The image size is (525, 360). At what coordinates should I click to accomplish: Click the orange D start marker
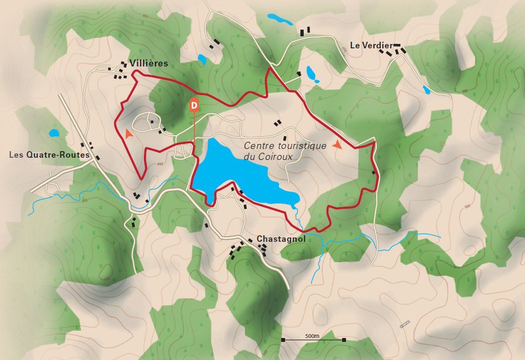[x=194, y=105]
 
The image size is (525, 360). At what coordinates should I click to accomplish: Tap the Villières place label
[x=149, y=63]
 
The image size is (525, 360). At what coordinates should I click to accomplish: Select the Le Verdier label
[x=371, y=45]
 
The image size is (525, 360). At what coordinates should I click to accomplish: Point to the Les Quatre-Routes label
[x=49, y=155]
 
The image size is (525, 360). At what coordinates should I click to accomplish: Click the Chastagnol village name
[x=281, y=239]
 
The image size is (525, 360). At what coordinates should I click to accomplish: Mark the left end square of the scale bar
[x=282, y=339]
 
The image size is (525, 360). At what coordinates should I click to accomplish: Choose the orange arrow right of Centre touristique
[x=337, y=145]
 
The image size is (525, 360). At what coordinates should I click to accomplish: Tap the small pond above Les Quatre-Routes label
[x=54, y=133]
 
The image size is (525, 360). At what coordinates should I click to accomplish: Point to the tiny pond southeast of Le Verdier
[x=427, y=90]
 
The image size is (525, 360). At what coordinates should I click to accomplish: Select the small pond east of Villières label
[x=201, y=59]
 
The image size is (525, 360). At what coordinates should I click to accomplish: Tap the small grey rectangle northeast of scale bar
[x=405, y=324]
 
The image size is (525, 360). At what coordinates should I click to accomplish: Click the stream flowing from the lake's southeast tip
[x=297, y=215]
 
